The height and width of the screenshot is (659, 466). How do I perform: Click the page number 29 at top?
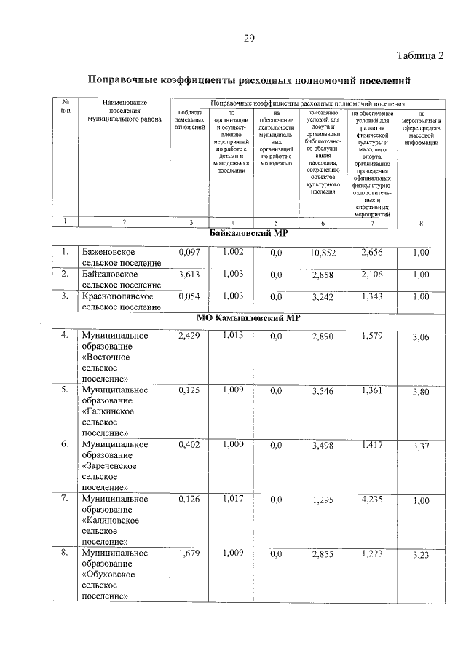pos(248,38)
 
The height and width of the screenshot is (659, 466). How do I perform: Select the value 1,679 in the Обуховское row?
pos(189,553)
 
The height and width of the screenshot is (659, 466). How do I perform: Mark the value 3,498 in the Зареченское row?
pos(323,446)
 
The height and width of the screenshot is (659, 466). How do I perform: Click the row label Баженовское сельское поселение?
pos(121,257)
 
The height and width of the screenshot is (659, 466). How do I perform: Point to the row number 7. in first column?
pos(65,499)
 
